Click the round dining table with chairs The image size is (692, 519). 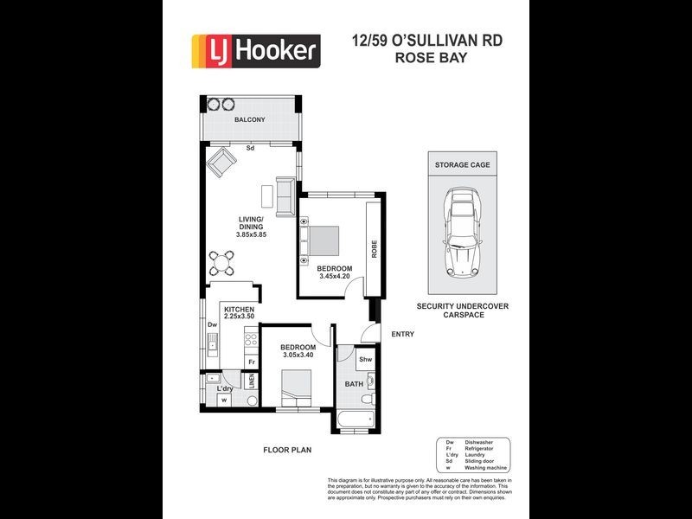coord(225,260)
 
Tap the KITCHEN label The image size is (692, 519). coord(239,309)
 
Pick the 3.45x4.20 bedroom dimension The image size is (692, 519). coord(336,277)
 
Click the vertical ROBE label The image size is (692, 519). coord(374,249)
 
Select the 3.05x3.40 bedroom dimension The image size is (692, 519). coord(298,355)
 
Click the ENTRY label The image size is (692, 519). coord(402,335)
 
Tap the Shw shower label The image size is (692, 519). coord(365,359)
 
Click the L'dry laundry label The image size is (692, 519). coord(224,388)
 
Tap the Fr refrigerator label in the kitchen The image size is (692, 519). coord(252,362)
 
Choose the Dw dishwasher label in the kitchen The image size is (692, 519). coord(211,325)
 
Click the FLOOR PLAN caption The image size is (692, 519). coord(286,450)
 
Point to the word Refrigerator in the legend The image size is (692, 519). coord(479,448)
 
